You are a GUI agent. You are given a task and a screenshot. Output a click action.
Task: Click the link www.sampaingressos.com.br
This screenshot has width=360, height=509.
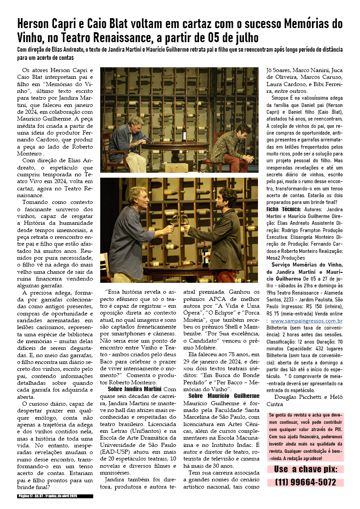click(306, 321)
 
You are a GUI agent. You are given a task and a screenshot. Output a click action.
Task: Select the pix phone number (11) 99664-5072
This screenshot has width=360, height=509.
click(306, 482)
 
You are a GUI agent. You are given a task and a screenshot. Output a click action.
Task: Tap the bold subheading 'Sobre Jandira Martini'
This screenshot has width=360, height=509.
click(135, 389)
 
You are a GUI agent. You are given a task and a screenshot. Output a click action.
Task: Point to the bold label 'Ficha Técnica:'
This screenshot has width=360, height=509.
click(283, 209)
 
